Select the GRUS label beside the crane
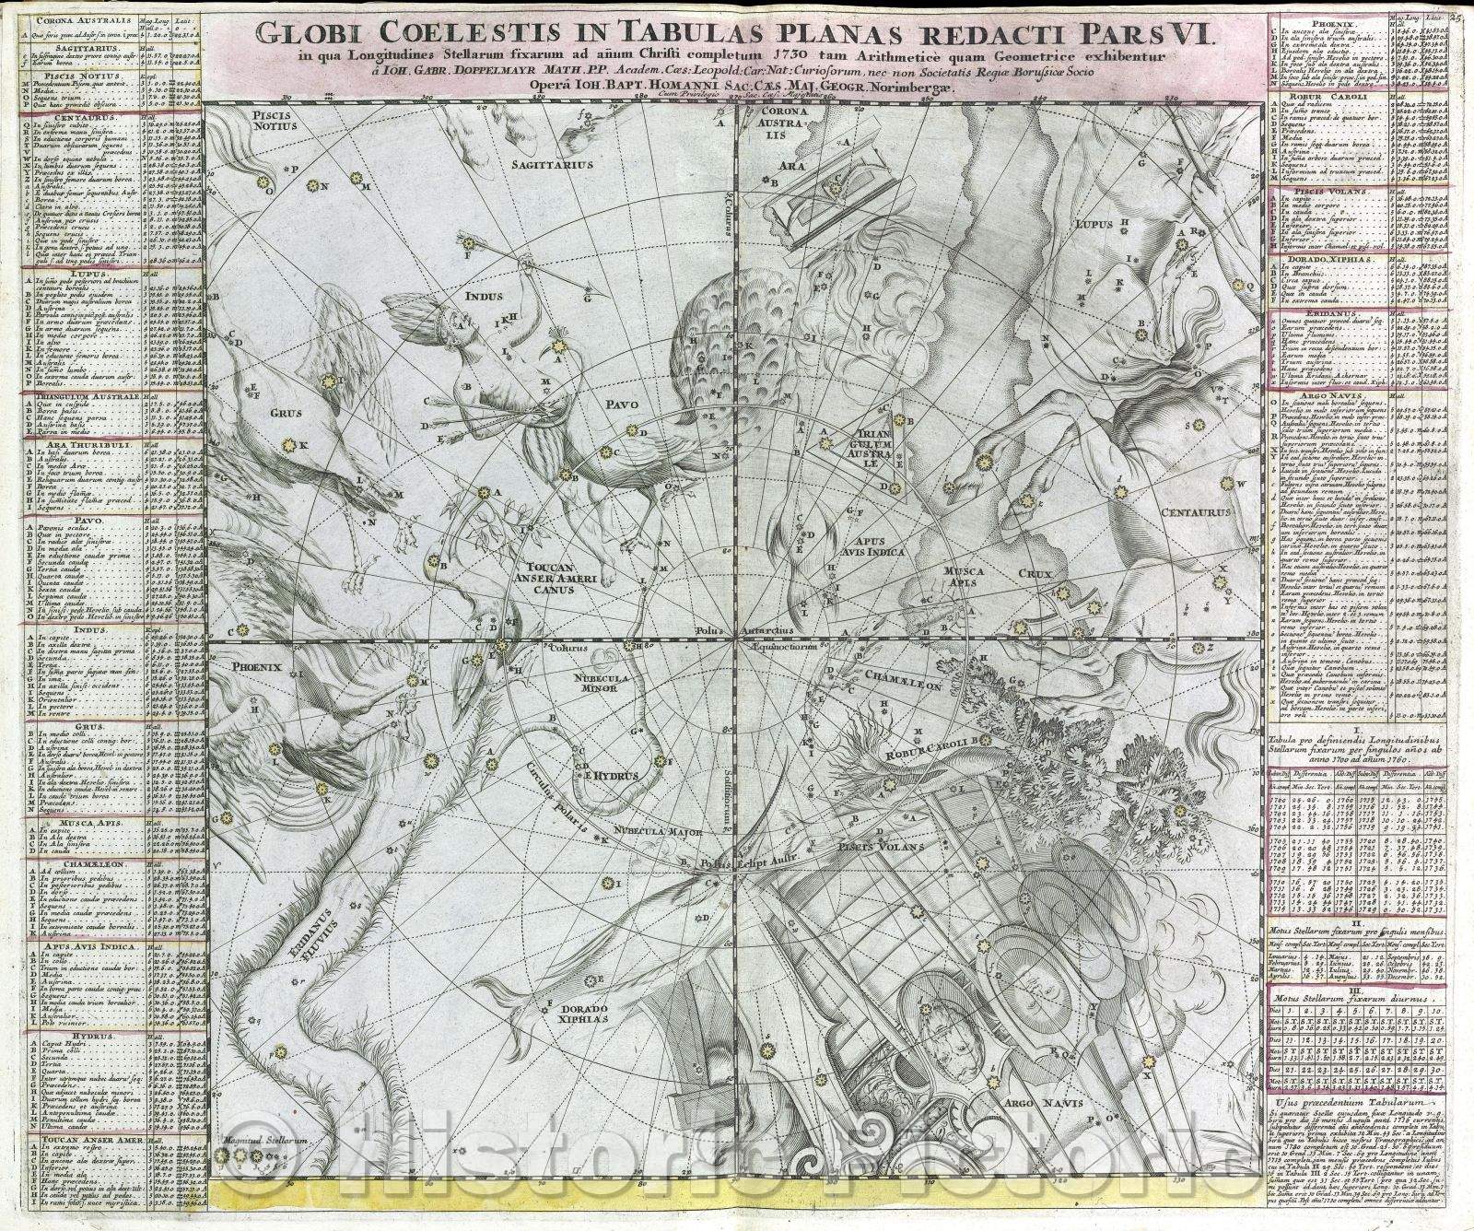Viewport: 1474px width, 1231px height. pyautogui.click(x=286, y=414)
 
